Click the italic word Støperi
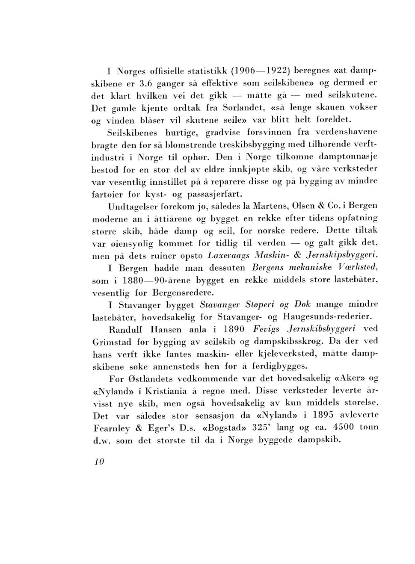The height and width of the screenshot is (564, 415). (x=261, y=305)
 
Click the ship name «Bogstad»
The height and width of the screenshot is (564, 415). (x=238, y=427)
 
